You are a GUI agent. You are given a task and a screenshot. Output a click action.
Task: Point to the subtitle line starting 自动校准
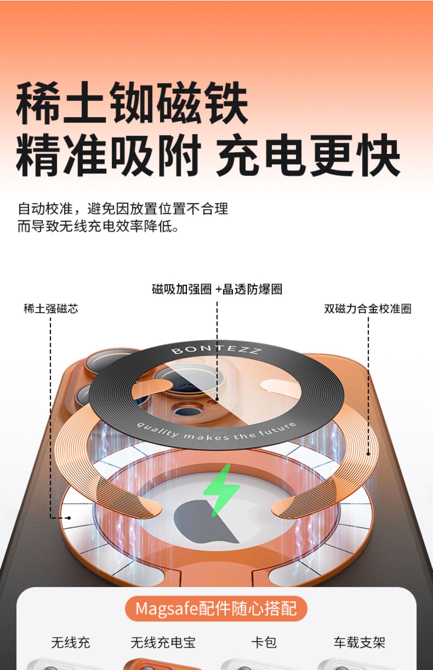[x=123, y=209]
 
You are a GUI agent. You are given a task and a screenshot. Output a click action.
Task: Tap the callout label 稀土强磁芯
[x=51, y=309]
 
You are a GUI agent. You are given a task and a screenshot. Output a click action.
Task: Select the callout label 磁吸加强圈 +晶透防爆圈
[x=217, y=289]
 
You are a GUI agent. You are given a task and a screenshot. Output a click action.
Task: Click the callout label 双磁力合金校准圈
[x=367, y=309]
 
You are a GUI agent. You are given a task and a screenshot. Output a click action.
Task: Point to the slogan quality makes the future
[x=216, y=433]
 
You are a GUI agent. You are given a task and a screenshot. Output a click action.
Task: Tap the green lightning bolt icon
[x=221, y=490]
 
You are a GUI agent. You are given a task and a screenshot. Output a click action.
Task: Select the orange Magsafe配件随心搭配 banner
[x=216, y=609]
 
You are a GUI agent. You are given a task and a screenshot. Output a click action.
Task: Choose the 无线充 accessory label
[x=70, y=642]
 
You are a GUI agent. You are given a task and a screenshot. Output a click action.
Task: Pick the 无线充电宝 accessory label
[x=163, y=642]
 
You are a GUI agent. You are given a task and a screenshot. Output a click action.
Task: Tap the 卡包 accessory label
[x=264, y=642]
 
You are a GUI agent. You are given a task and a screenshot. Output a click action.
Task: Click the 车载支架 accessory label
[x=359, y=642]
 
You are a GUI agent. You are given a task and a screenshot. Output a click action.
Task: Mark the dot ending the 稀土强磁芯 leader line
[x=69, y=518]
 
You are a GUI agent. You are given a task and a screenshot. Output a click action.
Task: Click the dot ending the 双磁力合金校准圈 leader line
[x=368, y=454]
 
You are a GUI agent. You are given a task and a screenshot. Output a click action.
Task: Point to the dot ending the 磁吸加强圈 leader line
[x=217, y=399]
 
